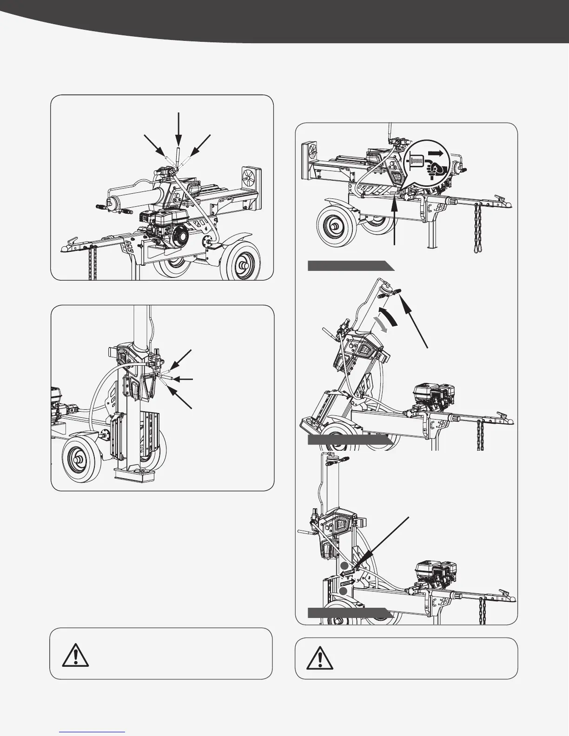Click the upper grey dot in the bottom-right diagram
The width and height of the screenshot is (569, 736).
[x=343, y=565]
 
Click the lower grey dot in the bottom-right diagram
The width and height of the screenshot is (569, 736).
[x=343, y=591]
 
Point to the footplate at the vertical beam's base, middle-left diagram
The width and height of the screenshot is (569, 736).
[x=135, y=475]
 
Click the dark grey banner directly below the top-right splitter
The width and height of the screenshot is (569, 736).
[x=350, y=266]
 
